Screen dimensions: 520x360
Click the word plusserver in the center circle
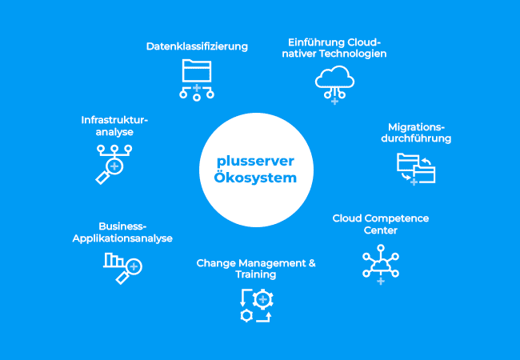pyautogui.click(x=255, y=162)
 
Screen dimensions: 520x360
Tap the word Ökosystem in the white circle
pyautogui.click(x=255, y=178)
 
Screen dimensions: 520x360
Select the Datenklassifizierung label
pyautogui.click(x=197, y=46)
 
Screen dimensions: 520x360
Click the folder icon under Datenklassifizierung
pyautogui.click(x=197, y=80)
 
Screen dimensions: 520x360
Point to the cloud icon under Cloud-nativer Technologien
pyautogui.click(x=334, y=85)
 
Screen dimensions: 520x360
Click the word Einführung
pyautogui.click(x=316, y=42)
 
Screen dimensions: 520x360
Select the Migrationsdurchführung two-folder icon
pyautogui.click(x=416, y=169)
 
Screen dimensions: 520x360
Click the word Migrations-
pyautogui.click(x=416, y=127)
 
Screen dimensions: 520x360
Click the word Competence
pyautogui.click(x=400, y=218)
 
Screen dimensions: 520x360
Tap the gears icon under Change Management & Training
pyautogui.click(x=256, y=306)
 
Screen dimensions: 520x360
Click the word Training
pyautogui.click(x=256, y=274)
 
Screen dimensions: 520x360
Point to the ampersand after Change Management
pyautogui.click(x=312, y=263)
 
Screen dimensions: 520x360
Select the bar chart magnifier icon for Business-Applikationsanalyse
pyautogui.click(x=122, y=268)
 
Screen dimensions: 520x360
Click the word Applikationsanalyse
pyautogui.click(x=122, y=238)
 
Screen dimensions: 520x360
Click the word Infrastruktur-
pyautogui.click(x=114, y=120)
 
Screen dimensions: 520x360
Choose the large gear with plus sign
pyautogui.click(x=263, y=299)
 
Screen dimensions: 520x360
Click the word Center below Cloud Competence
pyautogui.click(x=380, y=230)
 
